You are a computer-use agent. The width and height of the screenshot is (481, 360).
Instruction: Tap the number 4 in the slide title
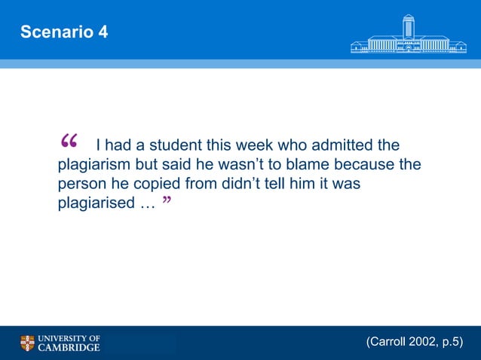[103, 32]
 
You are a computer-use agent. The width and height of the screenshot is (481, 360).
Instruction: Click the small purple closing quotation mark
[165, 203]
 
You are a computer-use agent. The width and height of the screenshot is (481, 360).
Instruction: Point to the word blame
[310, 164]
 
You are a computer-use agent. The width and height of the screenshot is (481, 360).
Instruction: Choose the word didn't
[231, 184]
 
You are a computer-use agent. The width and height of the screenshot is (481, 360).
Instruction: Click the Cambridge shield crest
[27, 343]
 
